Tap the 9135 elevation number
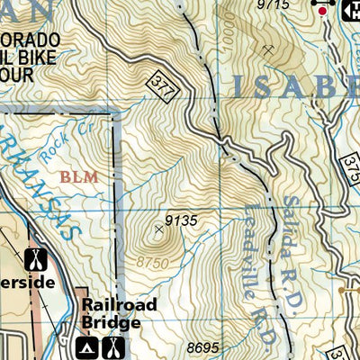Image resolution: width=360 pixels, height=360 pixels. click(x=180, y=219)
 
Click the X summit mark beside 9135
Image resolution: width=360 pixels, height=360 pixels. click(x=159, y=229)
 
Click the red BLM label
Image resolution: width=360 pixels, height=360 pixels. click(x=79, y=177)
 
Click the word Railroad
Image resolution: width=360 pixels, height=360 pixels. click(x=120, y=305)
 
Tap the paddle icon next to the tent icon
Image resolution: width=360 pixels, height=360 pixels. click(x=112, y=347)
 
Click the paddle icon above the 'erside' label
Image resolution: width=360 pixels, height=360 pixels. click(x=35, y=259)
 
